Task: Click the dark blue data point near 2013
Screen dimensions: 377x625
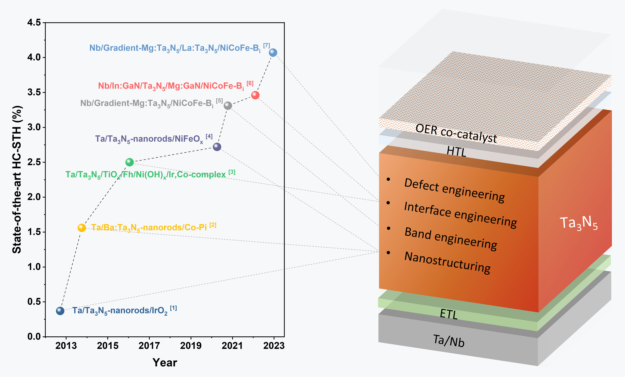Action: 60,311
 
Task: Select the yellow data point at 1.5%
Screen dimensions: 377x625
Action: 82,228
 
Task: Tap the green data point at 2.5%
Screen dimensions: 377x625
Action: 130,162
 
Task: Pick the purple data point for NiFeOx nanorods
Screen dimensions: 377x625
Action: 217,147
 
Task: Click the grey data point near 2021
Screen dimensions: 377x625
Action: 228,105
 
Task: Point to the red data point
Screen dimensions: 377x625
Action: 255,95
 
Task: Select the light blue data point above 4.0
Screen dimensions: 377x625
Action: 273,52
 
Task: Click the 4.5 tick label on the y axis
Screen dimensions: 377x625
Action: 34,22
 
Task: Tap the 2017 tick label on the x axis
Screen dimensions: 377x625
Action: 149,346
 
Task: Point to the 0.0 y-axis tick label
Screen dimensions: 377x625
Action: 34,336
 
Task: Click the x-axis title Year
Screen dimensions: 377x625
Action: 165,363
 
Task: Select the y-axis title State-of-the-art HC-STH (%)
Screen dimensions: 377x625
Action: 17,180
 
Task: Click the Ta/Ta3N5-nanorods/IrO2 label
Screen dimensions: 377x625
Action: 120,311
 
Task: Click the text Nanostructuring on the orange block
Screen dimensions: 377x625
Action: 447,263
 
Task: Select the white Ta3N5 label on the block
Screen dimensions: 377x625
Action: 579,223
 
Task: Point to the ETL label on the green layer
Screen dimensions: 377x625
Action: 449,314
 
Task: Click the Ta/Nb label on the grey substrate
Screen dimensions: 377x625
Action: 449,341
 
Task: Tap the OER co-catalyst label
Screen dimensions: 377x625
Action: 456,133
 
